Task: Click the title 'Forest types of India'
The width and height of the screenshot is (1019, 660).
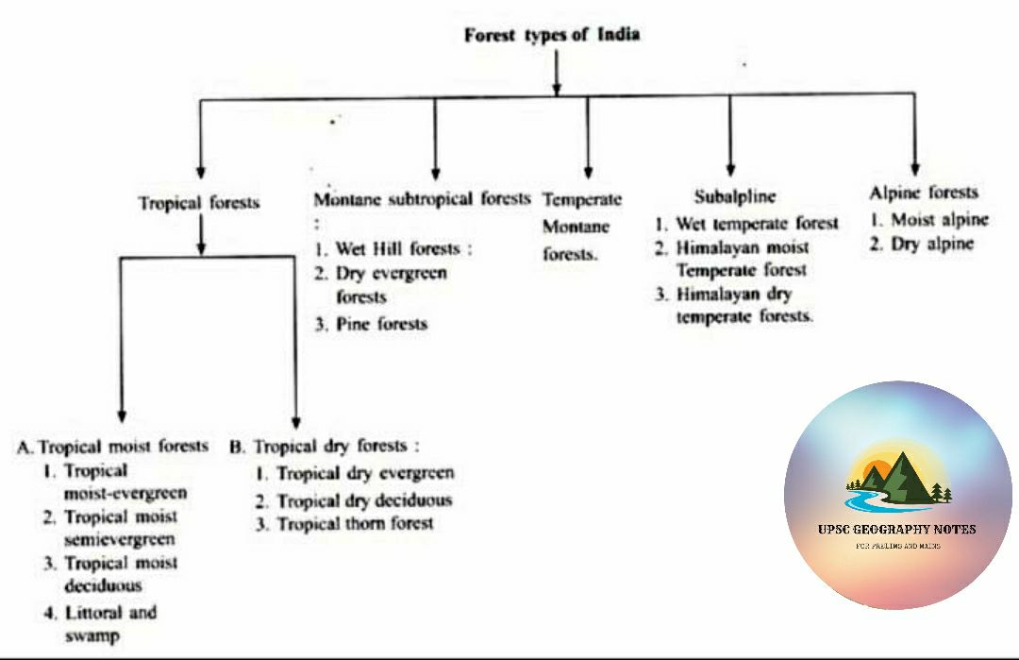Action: pyautogui.click(x=552, y=35)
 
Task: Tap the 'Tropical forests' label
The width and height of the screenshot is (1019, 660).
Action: pyautogui.click(x=198, y=203)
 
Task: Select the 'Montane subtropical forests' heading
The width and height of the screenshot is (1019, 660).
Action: pyautogui.click(x=422, y=199)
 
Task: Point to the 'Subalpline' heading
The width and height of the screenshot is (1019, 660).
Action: pyautogui.click(x=735, y=196)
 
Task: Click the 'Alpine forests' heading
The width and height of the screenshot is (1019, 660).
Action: pyautogui.click(x=924, y=193)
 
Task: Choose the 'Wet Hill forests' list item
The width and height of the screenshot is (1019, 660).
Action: pyautogui.click(x=392, y=249)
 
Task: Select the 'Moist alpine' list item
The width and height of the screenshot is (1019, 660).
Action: pyautogui.click(x=928, y=219)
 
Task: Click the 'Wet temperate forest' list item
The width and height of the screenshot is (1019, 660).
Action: pyautogui.click(x=746, y=224)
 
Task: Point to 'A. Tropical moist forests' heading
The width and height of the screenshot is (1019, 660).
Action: pyautogui.click(x=113, y=446)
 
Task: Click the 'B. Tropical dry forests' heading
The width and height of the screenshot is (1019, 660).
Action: pyautogui.click(x=324, y=446)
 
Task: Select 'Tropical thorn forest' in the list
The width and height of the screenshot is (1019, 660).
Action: pyautogui.click(x=344, y=523)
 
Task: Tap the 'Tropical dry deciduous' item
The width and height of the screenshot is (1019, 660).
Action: pyautogui.click(x=354, y=499)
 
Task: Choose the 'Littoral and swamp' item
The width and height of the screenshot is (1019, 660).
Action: pyautogui.click(x=100, y=623)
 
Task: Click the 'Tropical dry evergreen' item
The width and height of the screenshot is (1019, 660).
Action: pyautogui.click(x=355, y=472)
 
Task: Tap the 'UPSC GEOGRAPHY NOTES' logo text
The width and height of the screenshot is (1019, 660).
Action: pyautogui.click(x=896, y=529)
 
